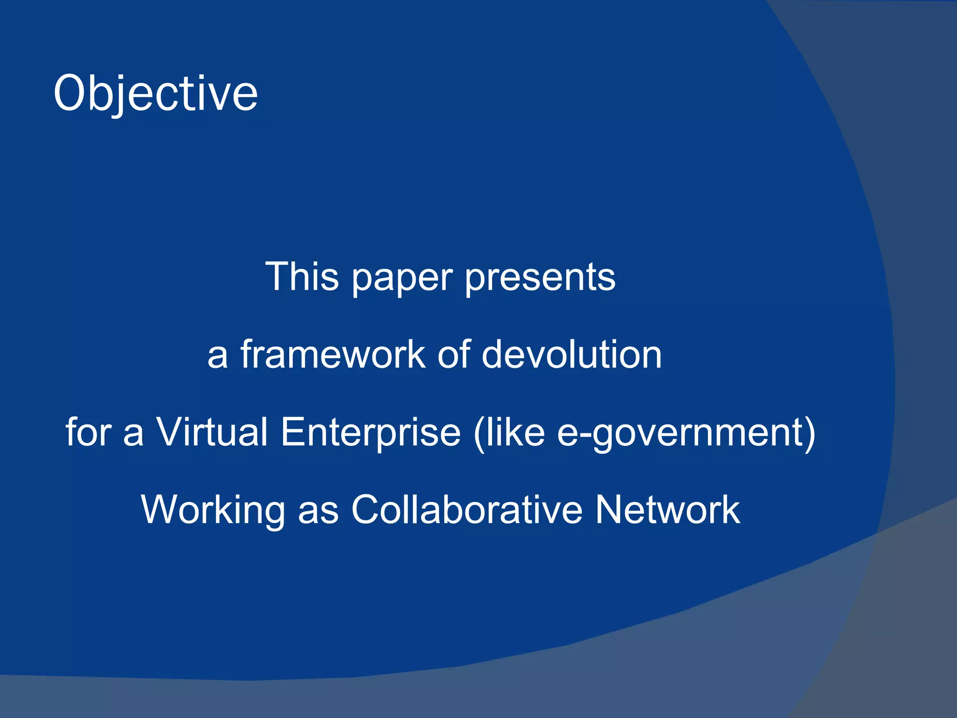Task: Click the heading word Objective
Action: coord(155,93)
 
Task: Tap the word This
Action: coord(302,277)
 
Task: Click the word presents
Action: coord(540,279)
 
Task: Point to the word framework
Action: coord(333,354)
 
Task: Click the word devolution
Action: coord(571,354)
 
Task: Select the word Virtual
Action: coord(212,432)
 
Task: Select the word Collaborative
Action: coord(467,510)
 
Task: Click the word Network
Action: coord(667,510)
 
